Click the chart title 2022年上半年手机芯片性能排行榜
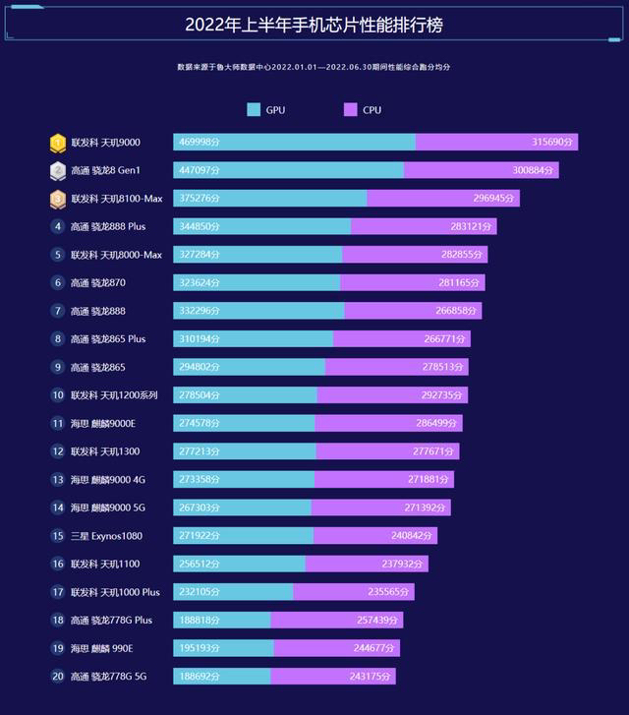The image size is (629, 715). click(314, 24)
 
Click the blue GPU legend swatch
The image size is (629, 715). click(255, 110)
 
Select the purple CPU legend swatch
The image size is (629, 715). click(351, 110)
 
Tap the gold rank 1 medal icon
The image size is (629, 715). click(58, 143)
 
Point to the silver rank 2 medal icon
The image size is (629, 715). click(58, 170)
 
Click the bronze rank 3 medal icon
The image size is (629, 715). click(58, 199)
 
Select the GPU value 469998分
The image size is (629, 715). click(200, 143)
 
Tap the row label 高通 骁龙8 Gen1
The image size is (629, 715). click(105, 170)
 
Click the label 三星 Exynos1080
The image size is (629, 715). click(105, 536)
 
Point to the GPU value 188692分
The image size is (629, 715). click(200, 677)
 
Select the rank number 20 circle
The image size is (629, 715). click(58, 677)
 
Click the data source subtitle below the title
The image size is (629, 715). click(314, 67)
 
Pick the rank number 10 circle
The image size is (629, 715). click(58, 395)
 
